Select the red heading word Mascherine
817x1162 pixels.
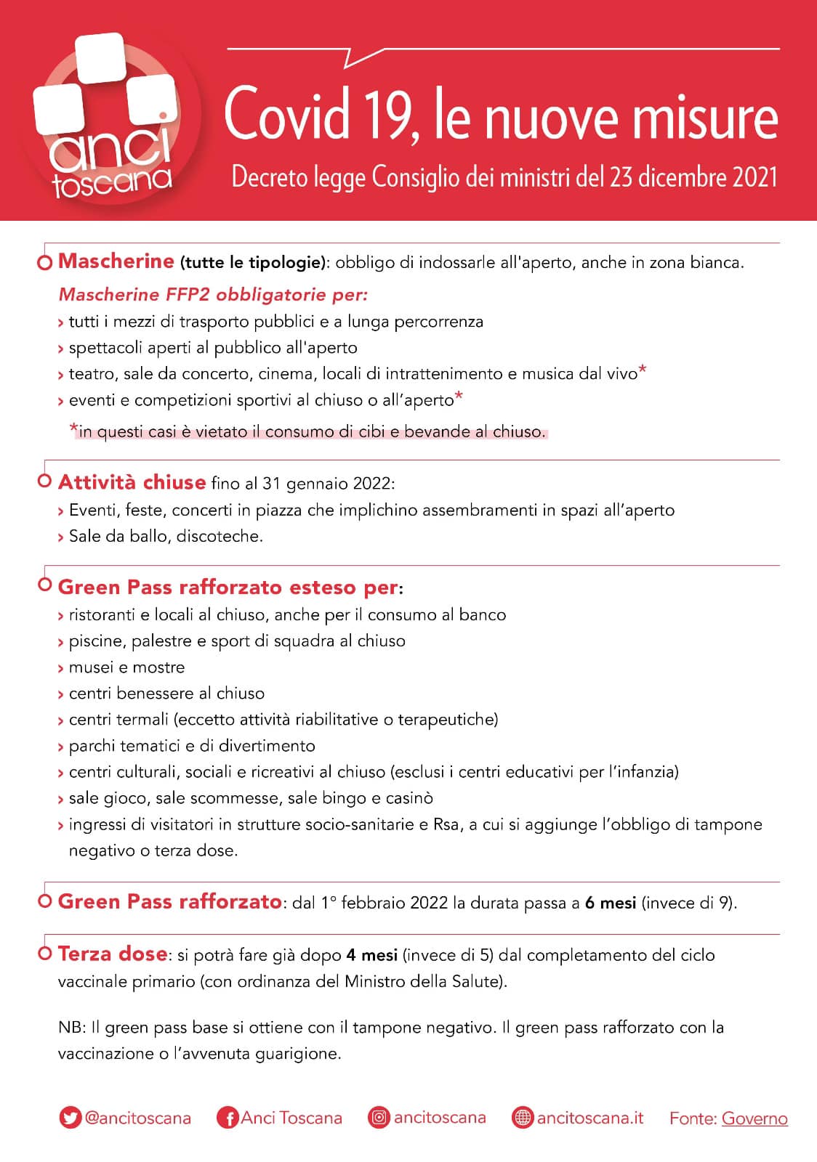(x=116, y=261)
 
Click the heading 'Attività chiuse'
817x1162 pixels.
(x=132, y=482)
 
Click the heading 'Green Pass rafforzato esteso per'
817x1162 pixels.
(x=228, y=587)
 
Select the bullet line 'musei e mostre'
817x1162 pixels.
(x=126, y=667)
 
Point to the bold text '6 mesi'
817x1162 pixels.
(x=610, y=903)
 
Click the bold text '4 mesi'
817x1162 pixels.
(x=371, y=955)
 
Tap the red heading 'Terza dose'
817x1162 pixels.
(x=113, y=954)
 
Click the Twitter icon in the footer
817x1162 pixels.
(x=70, y=1118)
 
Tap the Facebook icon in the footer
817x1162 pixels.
(x=228, y=1118)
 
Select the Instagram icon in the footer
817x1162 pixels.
(x=379, y=1117)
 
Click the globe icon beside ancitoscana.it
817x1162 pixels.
(x=523, y=1118)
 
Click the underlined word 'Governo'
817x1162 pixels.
(x=754, y=1118)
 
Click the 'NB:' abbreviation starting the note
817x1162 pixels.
(x=69, y=1028)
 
